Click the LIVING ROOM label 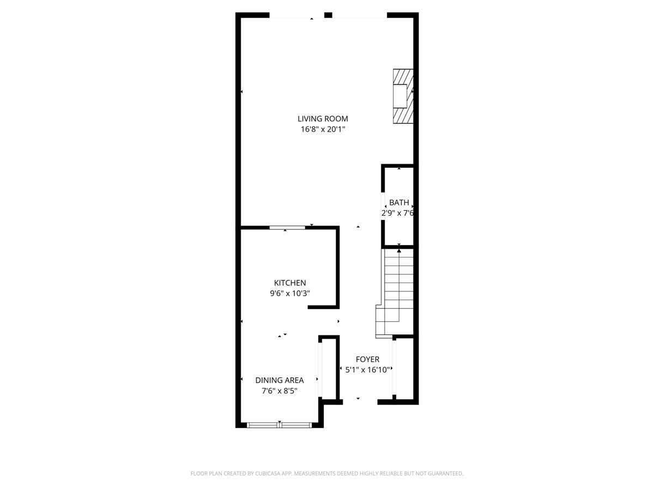click(323, 119)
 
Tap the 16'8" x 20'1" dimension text click(323, 130)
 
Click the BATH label click(399, 203)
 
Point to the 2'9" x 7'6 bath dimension click(398, 213)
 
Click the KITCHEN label click(289, 283)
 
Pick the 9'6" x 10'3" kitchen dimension click(290, 293)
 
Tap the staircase click(398, 289)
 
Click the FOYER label click(367, 359)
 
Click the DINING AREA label click(279, 380)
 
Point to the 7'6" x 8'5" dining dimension click(279, 391)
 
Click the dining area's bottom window click(279, 425)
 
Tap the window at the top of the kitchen click(287, 228)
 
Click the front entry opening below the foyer click(360, 402)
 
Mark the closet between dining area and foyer click(329, 369)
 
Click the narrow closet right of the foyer click(404, 369)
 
